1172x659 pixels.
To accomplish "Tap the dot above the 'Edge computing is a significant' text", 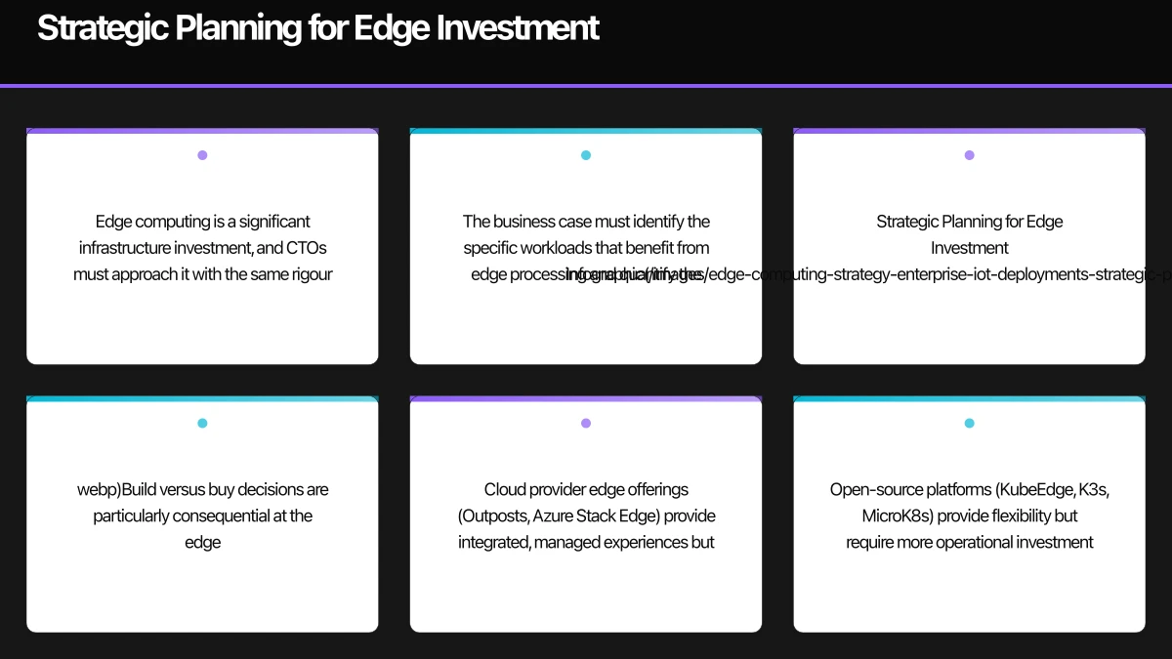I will pyautogui.click(x=202, y=155).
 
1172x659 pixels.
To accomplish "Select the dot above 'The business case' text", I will pyautogui.click(x=586, y=155).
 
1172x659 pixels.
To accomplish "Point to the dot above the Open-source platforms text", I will pyautogui.click(x=969, y=424).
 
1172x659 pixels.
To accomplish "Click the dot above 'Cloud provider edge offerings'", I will pyautogui.click(x=586, y=424).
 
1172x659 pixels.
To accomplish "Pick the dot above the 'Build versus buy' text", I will pyautogui.click(x=202, y=424).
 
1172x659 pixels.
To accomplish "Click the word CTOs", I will pyautogui.click(x=306, y=248).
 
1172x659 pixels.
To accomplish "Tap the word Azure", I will pyautogui.click(x=553, y=515).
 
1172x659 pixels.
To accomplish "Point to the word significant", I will pyautogui.click(x=275, y=222).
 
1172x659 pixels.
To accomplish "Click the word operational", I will pyautogui.click(x=979, y=542).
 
